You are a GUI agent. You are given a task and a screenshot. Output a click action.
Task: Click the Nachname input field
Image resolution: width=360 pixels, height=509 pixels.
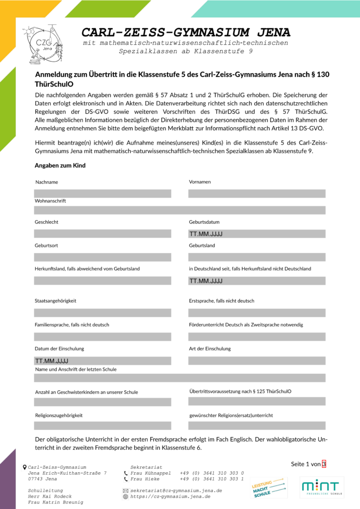point(102,193)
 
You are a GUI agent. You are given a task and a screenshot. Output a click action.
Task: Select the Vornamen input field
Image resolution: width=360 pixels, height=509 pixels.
point(257,193)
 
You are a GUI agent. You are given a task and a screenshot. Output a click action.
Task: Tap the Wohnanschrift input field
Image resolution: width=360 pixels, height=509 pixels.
point(180,210)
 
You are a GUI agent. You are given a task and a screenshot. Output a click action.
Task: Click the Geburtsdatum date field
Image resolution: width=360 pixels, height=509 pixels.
point(257,234)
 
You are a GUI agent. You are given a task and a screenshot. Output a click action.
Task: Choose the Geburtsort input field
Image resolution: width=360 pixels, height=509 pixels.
point(102,257)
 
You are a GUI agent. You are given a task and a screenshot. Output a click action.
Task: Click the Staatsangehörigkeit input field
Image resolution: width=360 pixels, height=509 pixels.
point(102,313)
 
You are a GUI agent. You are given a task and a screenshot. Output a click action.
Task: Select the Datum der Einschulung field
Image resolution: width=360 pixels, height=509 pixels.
point(102,360)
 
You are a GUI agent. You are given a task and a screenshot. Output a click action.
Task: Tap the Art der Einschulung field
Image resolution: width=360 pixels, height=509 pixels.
point(257,360)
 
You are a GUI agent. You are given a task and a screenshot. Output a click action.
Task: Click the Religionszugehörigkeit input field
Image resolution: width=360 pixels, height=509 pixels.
point(102,425)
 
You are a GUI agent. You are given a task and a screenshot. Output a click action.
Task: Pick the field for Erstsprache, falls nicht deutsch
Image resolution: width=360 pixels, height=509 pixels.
point(257,313)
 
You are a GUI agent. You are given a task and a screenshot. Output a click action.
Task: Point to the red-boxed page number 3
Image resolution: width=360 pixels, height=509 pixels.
point(324,464)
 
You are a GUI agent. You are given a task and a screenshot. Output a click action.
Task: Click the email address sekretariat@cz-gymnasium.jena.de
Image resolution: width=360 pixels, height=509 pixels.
point(176,491)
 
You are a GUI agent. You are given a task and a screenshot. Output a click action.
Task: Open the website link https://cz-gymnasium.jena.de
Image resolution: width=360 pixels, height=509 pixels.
point(170,497)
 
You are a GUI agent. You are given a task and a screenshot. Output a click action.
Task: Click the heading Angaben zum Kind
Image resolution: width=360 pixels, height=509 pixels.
point(60,166)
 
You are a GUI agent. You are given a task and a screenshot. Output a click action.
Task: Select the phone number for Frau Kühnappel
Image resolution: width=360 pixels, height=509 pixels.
point(212,473)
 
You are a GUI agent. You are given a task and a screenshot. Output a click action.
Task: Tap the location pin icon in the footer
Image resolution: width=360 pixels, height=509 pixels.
point(25,467)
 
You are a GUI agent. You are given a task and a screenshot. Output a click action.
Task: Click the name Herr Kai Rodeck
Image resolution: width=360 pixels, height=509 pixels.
point(50,497)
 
